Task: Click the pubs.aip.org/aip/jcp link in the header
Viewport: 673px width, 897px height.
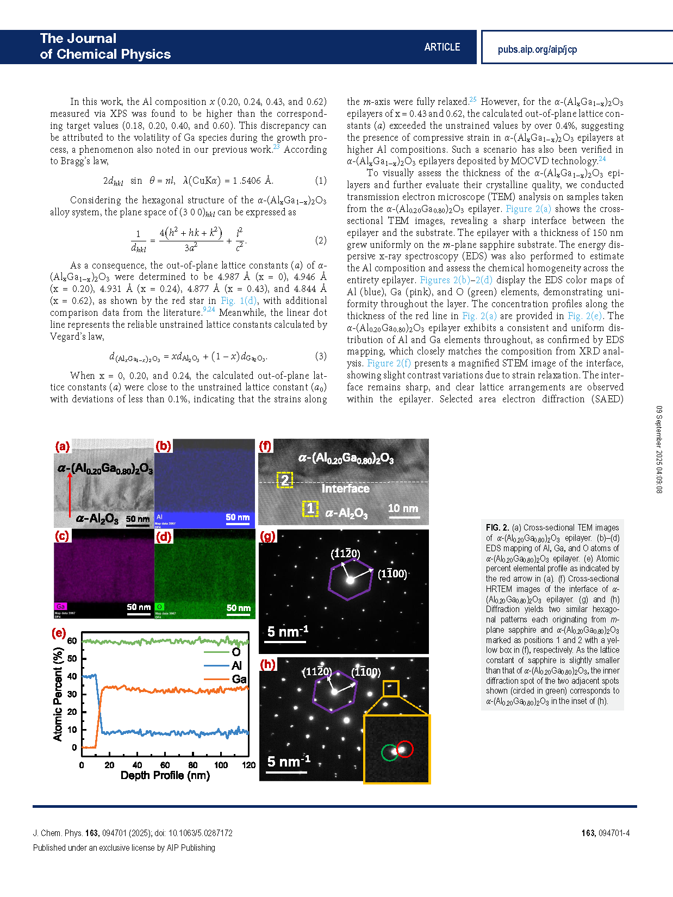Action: pyautogui.click(x=537, y=49)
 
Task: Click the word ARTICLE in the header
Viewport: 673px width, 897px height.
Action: pyautogui.click(x=442, y=47)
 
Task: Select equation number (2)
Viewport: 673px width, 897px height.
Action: pyautogui.click(x=321, y=240)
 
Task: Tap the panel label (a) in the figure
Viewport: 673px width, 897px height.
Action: pyautogui.click(x=63, y=446)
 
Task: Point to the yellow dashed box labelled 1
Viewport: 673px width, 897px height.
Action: pyautogui.click(x=310, y=509)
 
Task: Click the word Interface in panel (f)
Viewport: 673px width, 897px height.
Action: pyautogui.click(x=345, y=488)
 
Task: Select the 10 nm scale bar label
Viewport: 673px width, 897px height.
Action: pyautogui.click(x=403, y=508)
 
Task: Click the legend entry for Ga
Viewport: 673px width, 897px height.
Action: pyautogui.click(x=239, y=679)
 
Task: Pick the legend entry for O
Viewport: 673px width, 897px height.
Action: pyautogui.click(x=236, y=652)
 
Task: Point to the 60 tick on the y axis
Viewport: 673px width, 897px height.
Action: pyautogui.click(x=72, y=641)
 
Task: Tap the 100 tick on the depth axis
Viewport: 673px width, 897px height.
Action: pyautogui.click(x=221, y=765)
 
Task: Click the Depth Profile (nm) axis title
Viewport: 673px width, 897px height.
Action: pyautogui.click(x=165, y=775)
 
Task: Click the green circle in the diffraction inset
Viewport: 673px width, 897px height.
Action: pyautogui.click(x=389, y=752)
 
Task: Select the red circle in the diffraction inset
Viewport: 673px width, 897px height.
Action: pyautogui.click(x=405, y=749)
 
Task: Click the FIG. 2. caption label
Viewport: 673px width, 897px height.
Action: pyautogui.click(x=497, y=527)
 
